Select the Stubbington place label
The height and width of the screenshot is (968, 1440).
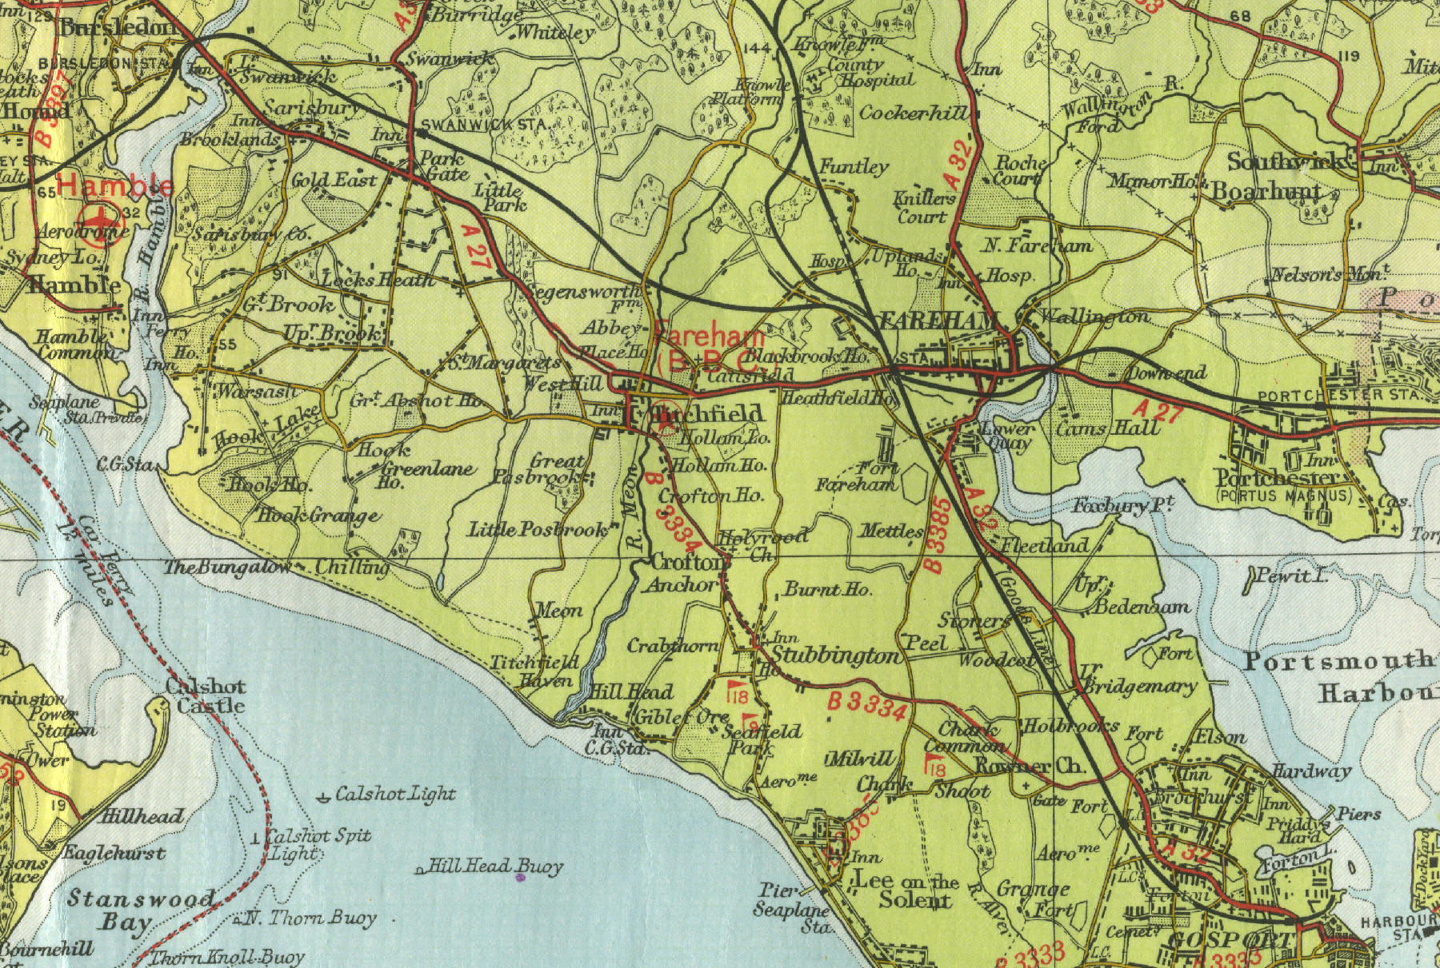click(x=836, y=657)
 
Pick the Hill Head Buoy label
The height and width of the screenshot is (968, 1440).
click(x=495, y=866)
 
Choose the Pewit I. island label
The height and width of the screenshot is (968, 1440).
click(x=1291, y=576)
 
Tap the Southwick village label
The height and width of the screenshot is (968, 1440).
click(x=1285, y=162)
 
